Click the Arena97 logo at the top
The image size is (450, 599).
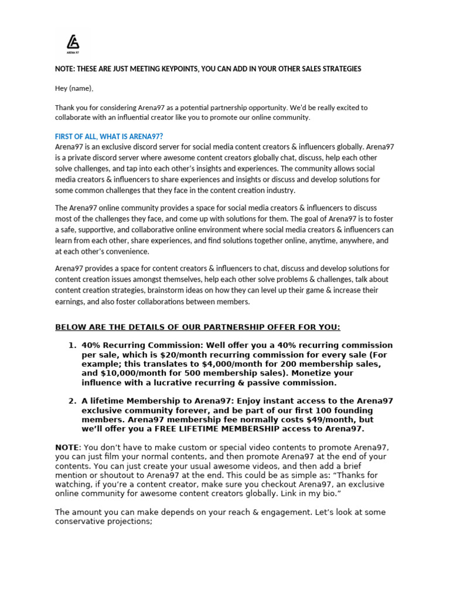point(73,43)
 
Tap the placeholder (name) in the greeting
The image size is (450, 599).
point(80,88)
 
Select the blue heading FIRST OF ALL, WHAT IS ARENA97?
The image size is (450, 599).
point(109,136)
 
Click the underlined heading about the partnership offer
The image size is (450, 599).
point(197,327)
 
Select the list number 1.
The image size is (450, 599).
point(73,345)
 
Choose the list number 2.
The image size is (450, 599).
point(73,401)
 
